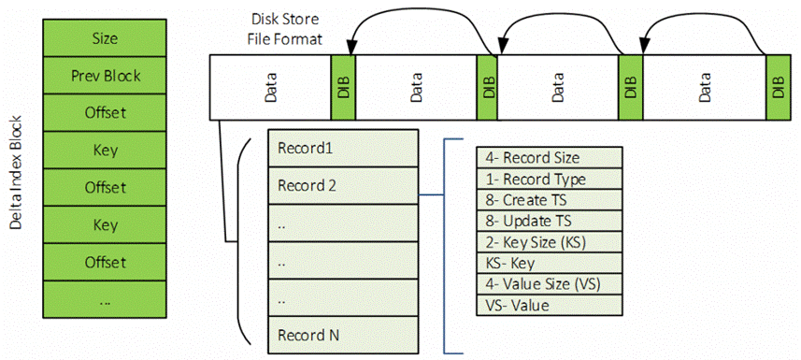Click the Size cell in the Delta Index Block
pyautogui.click(x=105, y=38)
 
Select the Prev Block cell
pyautogui.click(x=105, y=76)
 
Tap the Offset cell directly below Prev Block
pyautogui.click(x=105, y=113)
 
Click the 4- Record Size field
pyautogui.click(x=548, y=158)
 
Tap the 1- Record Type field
pyautogui.click(x=548, y=179)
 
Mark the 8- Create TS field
pyautogui.click(x=548, y=200)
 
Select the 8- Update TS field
pyautogui.click(x=548, y=222)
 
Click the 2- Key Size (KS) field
pyautogui.click(x=548, y=242)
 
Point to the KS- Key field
pyautogui.click(x=548, y=264)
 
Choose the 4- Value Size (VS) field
pyautogui.click(x=548, y=284)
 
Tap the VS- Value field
pyautogui.click(x=548, y=305)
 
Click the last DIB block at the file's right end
pyautogui.click(x=778, y=88)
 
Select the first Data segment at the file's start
pyautogui.click(x=272, y=88)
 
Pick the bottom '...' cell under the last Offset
pyautogui.click(x=105, y=300)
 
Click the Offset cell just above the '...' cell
pyautogui.click(x=105, y=263)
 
